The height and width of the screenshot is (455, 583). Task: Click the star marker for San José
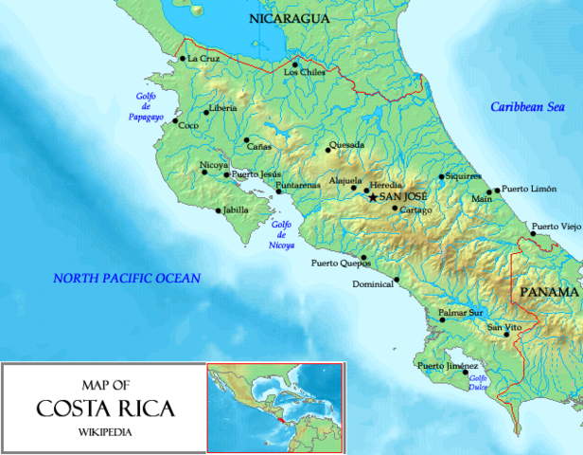tap(373, 196)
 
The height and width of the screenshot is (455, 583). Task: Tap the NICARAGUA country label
tap(289, 18)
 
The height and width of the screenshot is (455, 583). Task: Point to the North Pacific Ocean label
tap(127, 278)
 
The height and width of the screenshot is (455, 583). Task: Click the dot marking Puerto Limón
tap(496, 190)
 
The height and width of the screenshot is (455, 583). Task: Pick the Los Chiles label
tap(304, 73)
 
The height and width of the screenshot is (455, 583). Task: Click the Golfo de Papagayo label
tap(146, 106)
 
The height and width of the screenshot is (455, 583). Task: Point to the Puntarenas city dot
tap(277, 191)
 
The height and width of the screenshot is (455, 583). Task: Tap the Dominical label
tap(372, 284)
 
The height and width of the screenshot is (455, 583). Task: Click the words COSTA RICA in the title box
tap(104, 409)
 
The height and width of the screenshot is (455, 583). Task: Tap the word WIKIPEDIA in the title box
tap(105, 432)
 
